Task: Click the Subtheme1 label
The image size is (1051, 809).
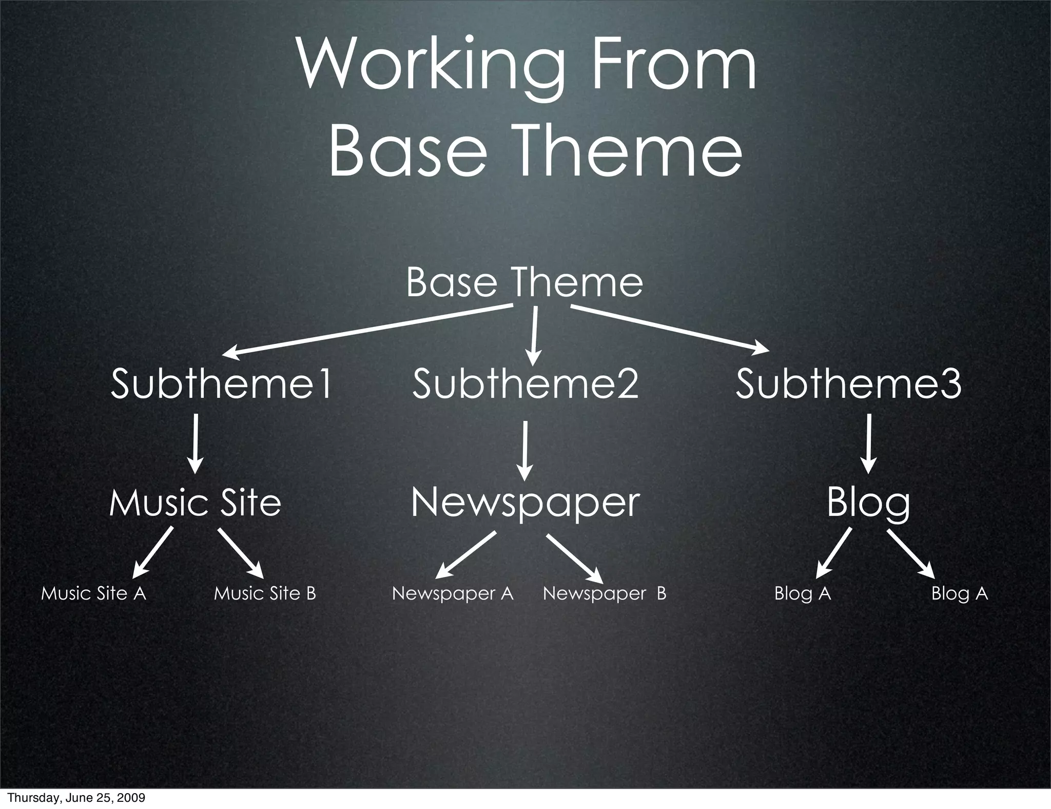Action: tap(222, 384)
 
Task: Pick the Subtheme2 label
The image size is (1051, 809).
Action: tap(525, 384)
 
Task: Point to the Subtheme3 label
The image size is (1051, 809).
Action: tap(848, 384)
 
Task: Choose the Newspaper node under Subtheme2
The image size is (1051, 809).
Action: tap(525, 503)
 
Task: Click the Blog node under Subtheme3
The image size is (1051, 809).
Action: tap(868, 503)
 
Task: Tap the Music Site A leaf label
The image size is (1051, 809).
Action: tap(93, 593)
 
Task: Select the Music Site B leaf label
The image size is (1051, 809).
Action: tap(265, 593)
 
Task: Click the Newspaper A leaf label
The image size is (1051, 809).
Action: tap(453, 593)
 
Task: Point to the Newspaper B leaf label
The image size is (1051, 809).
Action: tap(605, 593)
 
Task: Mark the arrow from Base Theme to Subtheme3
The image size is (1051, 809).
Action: tap(670, 329)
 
